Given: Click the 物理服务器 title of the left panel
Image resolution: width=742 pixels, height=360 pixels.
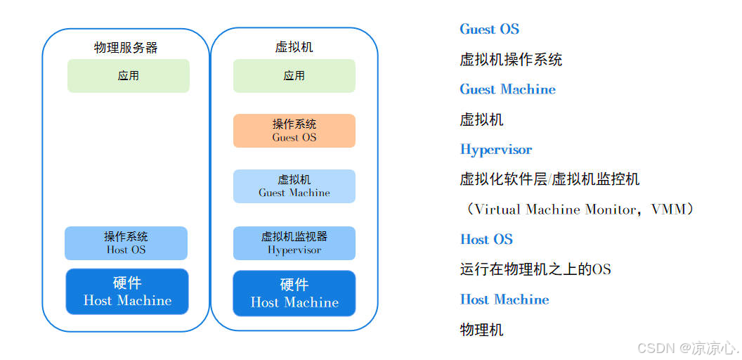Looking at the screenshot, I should tap(126, 48).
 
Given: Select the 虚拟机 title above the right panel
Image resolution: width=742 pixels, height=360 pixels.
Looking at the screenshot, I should tap(294, 47).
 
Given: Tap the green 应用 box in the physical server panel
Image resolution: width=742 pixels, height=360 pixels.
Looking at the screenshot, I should tap(128, 76).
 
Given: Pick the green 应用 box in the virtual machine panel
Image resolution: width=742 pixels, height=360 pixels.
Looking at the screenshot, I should tap(294, 76).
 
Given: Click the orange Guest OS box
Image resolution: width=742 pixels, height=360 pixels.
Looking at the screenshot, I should tap(294, 131).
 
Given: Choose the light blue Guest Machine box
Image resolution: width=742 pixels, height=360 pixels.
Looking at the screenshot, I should tap(294, 186).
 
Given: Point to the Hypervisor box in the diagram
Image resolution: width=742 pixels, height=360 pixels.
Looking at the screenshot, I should tap(294, 243).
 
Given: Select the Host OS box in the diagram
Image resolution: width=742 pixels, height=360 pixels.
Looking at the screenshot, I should tap(126, 243).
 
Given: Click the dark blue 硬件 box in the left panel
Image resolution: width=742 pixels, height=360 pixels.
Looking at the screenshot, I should tap(127, 292).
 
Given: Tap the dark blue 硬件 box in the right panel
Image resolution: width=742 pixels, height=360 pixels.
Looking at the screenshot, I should tap(294, 293).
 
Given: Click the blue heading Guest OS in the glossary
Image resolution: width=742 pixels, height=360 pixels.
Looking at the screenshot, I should tap(489, 30).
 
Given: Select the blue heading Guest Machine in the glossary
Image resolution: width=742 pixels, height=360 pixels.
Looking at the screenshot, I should tap(507, 89).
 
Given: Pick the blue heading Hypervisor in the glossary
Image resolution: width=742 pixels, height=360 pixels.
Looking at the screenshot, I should tap(495, 150).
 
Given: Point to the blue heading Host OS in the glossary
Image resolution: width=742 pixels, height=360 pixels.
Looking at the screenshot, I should tap(486, 239).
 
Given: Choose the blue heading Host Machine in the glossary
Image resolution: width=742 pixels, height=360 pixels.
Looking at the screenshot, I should tap(504, 300).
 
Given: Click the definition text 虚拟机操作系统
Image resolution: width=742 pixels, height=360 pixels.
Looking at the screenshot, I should tap(511, 60).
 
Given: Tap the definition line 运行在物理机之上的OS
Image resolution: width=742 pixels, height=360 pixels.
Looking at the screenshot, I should tap(535, 269).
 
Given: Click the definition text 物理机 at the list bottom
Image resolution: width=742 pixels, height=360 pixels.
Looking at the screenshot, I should tap(481, 330).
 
